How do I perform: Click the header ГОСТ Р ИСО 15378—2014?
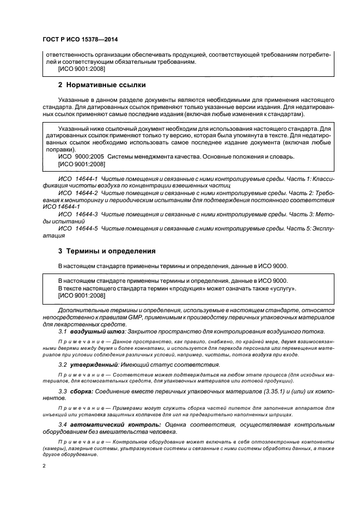coord(80,40)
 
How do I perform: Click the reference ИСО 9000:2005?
coord(81,156)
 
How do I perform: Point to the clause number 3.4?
coord(62,423)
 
